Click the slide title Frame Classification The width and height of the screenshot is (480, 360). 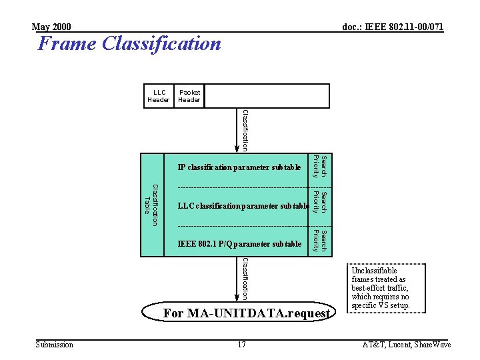129,44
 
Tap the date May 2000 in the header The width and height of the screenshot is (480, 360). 51,27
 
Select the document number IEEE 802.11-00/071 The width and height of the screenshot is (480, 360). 393,27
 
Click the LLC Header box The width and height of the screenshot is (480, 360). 159,96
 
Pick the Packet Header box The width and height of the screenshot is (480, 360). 189,96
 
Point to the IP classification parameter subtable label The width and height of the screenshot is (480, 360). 239,167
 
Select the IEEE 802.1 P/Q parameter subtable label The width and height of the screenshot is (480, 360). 240,245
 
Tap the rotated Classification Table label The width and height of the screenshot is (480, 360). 151,205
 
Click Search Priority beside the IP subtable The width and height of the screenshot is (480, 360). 320,167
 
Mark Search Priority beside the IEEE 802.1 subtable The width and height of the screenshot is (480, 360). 320,241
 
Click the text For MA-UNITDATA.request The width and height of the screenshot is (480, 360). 247,313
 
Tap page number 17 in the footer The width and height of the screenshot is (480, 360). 241,345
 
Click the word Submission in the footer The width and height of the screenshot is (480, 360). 54,345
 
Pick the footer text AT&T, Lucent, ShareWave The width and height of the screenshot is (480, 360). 406,345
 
